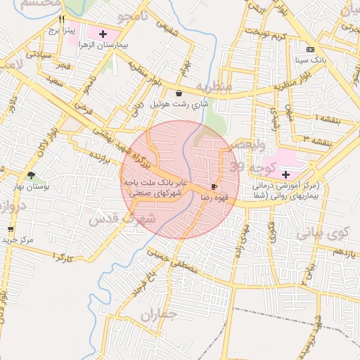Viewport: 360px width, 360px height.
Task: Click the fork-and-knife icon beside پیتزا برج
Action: pyautogui.click(x=63, y=20)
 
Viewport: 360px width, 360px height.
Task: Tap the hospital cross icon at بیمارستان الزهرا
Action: pyautogui.click(x=103, y=34)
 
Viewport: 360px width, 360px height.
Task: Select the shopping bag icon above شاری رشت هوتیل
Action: pyautogui.click(x=179, y=93)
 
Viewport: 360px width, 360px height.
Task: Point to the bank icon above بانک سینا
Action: pyautogui.click(x=310, y=49)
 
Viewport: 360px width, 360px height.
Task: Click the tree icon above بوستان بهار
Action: pyautogui.click(x=30, y=175)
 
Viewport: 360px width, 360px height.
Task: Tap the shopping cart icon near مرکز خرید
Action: pyautogui.click(x=11, y=229)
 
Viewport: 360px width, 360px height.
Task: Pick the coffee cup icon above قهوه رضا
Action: pyautogui.click(x=214, y=187)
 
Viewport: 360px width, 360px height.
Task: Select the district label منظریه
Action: pyautogui.click(x=213, y=86)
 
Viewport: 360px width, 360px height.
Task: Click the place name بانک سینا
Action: pyautogui.click(x=310, y=60)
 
